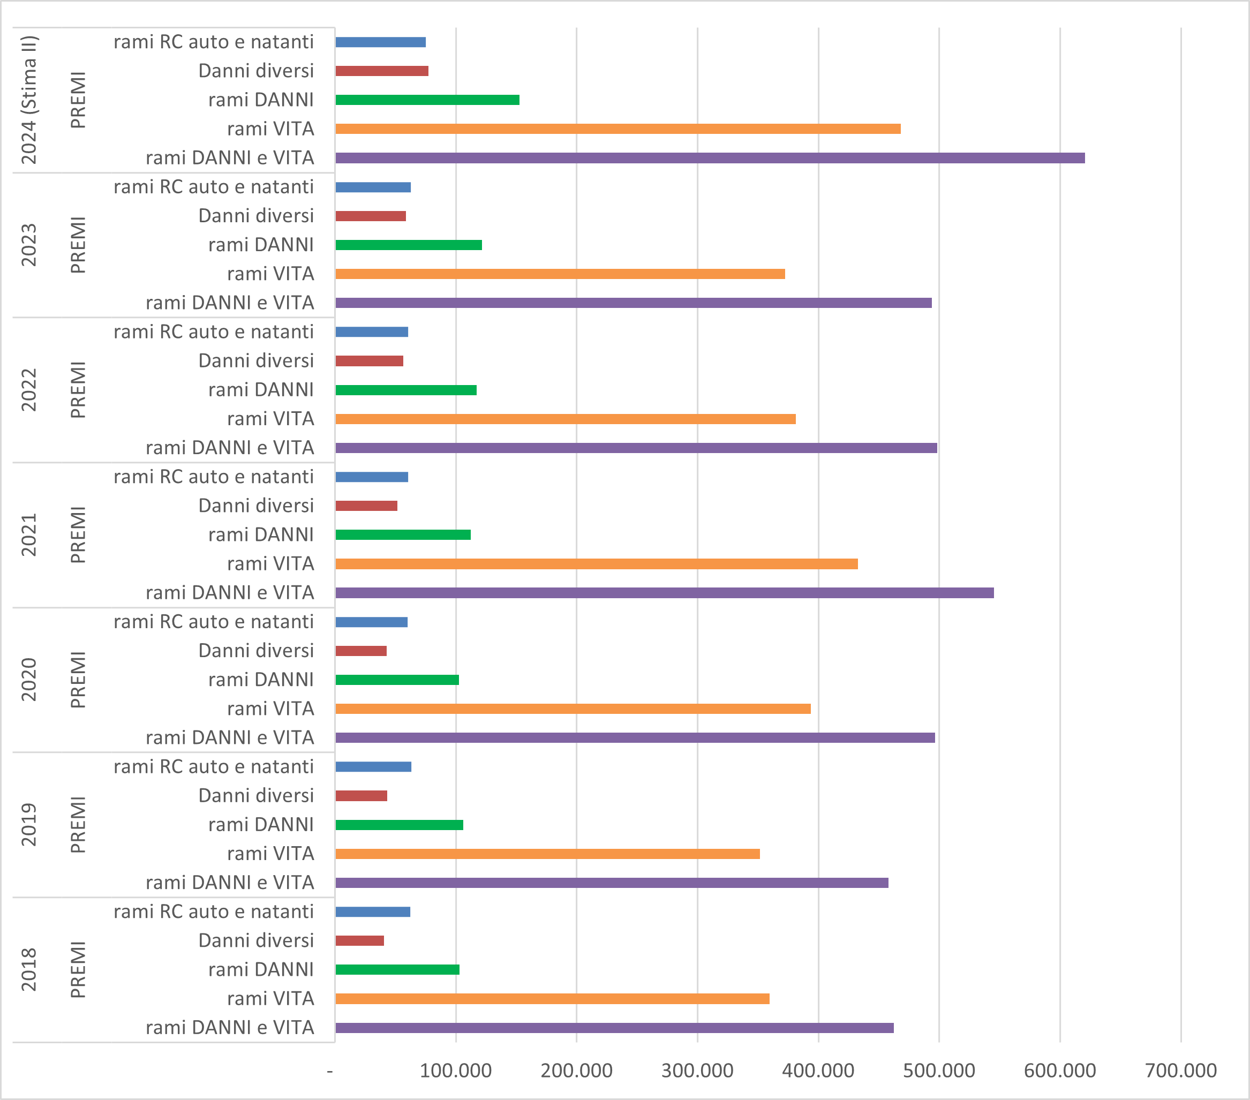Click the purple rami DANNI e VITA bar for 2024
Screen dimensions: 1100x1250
[710, 158]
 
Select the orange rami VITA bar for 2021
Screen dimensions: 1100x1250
[596, 564]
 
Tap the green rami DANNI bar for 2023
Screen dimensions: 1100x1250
[409, 245]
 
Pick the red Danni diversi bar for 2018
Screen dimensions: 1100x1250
[359, 940]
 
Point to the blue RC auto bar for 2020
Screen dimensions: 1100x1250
[371, 622]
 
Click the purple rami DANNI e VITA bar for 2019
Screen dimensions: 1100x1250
[612, 883]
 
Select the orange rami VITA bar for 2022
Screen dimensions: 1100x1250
[565, 419]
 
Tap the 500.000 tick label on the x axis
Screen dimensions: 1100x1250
[939, 1071]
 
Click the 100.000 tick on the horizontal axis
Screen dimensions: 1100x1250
[456, 1071]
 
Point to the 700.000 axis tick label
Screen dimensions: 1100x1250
[1180, 1071]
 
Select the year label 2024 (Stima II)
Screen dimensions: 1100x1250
[29, 100]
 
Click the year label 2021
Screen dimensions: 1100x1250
[29, 535]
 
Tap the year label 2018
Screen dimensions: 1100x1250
[29, 970]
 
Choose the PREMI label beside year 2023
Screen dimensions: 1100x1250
[78, 245]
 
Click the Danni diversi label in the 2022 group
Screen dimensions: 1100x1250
[255, 361]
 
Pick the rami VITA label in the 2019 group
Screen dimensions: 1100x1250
[270, 854]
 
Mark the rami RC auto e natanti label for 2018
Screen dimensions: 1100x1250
[214, 911]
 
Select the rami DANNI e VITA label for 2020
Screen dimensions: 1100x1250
[230, 738]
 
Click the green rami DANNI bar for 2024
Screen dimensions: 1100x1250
[427, 100]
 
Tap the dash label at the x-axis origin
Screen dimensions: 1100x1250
[330, 1071]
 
